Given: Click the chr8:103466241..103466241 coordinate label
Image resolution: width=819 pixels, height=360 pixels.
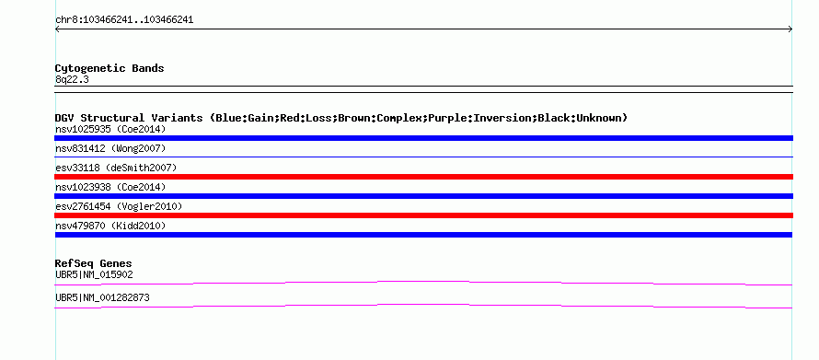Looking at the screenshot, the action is (x=124, y=20).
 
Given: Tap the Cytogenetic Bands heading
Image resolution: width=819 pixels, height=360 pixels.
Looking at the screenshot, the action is (x=110, y=68).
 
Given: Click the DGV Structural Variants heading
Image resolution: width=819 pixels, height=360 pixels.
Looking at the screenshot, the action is (x=341, y=118).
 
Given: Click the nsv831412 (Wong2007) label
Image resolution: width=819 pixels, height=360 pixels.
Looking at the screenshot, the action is (x=110, y=149).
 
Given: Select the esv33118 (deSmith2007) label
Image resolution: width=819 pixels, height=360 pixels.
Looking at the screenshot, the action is (x=116, y=168).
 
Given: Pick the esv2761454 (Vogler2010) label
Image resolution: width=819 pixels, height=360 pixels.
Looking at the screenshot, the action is (x=119, y=207).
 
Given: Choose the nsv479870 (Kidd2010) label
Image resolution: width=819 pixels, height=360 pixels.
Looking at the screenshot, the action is (x=110, y=226).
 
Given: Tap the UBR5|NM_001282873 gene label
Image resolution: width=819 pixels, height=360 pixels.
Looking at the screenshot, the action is (x=102, y=297).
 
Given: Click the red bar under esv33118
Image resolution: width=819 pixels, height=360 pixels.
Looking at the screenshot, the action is (x=423, y=177).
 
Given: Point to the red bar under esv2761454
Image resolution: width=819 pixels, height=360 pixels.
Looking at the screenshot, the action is (x=423, y=215).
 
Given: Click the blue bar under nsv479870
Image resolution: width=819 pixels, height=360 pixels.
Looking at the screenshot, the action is (x=423, y=235).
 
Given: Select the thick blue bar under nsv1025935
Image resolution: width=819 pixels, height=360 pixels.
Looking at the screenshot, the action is (x=423, y=138).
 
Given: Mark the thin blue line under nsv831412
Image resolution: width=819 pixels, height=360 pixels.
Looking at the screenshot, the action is (x=423, y=157).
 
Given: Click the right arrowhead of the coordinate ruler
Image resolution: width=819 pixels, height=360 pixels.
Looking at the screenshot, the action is (x=790, y=29).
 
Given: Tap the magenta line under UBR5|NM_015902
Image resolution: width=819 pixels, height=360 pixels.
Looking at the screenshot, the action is (x=423, y=283).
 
